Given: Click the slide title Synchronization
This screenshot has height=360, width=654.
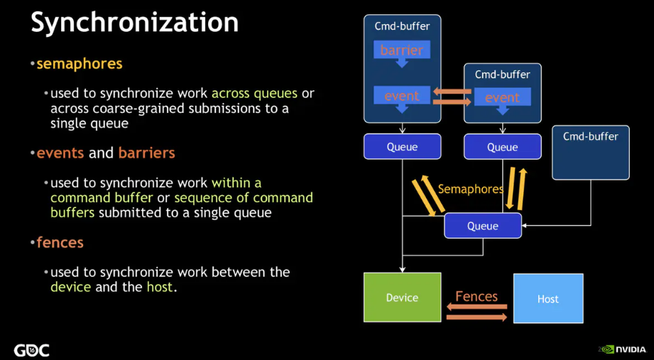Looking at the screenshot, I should click(x=134, y=23).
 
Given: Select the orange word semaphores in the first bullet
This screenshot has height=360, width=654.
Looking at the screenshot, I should click(x=80, y=64).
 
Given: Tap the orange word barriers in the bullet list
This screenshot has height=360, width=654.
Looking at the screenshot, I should click(x=146, y=153).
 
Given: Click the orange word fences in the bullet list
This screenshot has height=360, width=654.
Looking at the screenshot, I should click(x=60, y=242).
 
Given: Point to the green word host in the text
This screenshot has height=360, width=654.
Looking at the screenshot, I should click(x=159, y=287).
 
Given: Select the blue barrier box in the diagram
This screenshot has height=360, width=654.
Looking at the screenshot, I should click(x=402, y=50).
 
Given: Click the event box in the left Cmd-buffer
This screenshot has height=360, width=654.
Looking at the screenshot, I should click(x=402, y=95).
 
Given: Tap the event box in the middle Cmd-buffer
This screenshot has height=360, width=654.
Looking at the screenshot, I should click(x=502, y=98).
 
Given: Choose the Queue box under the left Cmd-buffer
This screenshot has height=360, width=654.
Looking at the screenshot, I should click(x=402, y=147).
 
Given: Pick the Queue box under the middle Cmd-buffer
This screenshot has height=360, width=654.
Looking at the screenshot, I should click(x=502, y=147).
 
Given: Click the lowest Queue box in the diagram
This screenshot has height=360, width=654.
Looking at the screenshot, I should click(x=483, y=226).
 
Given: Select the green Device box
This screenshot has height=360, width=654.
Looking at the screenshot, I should click(x=402, y=298).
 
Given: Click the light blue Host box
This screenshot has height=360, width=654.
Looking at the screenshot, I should click(x=547, y=298).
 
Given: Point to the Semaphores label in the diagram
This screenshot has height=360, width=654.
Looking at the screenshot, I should click(x=470, y=190).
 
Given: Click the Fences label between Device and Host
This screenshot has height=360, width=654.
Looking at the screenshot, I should click(x=476, y=296).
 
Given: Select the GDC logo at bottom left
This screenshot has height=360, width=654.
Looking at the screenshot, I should click(x=32, y=349).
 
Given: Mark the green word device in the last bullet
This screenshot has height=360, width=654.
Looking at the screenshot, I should click(x=70, y=287).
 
